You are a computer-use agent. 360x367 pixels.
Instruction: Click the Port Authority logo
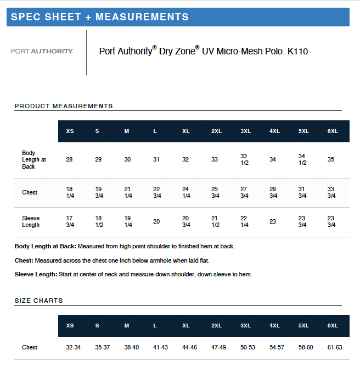click(x=42, y=51)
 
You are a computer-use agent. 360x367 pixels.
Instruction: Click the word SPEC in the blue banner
click(x=24, y=17)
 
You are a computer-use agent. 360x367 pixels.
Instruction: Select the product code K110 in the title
click(x=297, y=52)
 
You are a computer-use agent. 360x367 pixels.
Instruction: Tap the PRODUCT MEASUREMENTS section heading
click(x=64, y=106)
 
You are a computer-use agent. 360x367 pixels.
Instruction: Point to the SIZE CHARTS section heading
click(x=38, y=301)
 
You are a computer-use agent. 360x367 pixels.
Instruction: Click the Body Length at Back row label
click(x=33, y=159)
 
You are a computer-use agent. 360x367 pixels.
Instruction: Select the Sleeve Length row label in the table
click(x=31, y=221)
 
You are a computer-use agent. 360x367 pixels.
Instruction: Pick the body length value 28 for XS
click(x=69, y=159)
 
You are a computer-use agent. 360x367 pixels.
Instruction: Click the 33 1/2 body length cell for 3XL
click(x=244, y=159)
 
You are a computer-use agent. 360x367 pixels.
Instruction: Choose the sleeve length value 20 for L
click(x=156, y=221)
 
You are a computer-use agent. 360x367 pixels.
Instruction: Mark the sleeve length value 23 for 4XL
click(x=273, y=221)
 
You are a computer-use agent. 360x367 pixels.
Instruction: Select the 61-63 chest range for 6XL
click(x=335, y=347)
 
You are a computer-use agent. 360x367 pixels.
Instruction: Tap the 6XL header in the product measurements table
click(x=333, y=131)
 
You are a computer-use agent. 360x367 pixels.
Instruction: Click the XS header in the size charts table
click(x=70, y=326)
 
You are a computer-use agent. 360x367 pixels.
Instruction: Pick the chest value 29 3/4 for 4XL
click(x=273, y=192)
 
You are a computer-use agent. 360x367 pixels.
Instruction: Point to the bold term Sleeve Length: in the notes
click(x=36, y=274)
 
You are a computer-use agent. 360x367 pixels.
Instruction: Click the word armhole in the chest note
click(x=168, y=260)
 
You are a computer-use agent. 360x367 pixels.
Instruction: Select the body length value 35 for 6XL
click(x=331, y=159)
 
